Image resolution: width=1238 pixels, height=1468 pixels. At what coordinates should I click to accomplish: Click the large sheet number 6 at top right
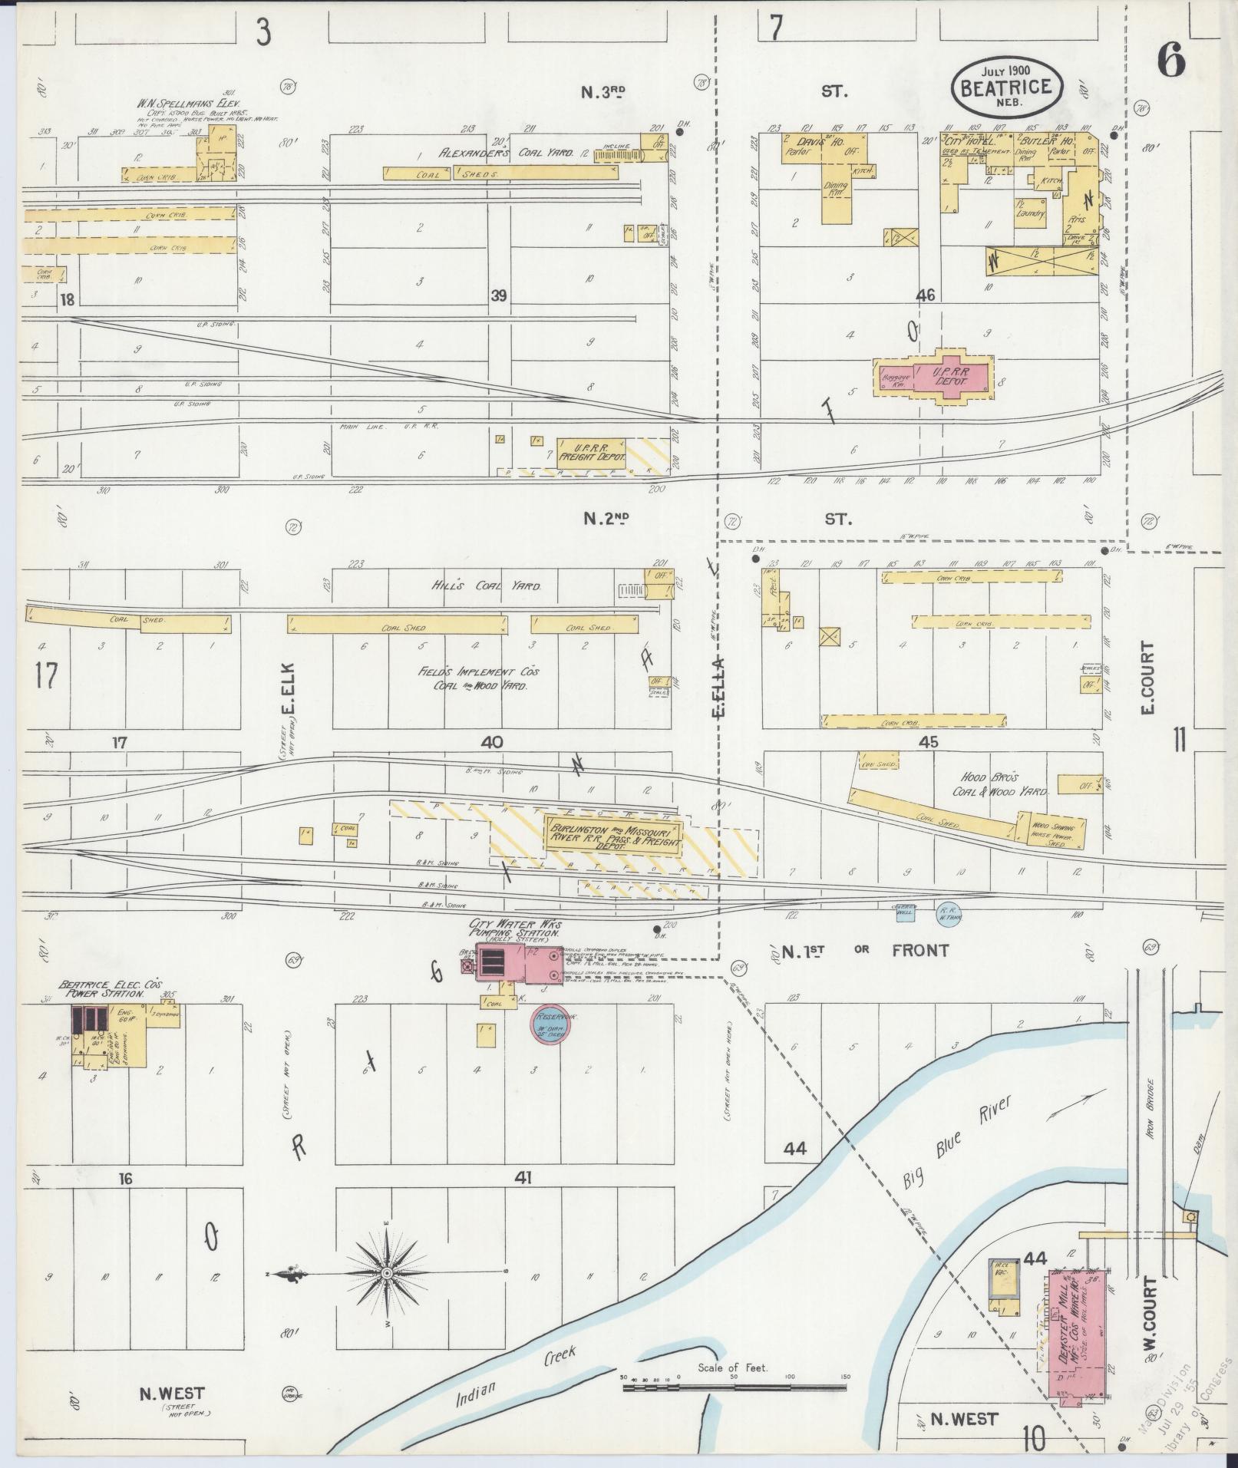(1170, 61)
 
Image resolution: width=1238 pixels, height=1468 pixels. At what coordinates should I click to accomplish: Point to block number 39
(499, 295)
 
